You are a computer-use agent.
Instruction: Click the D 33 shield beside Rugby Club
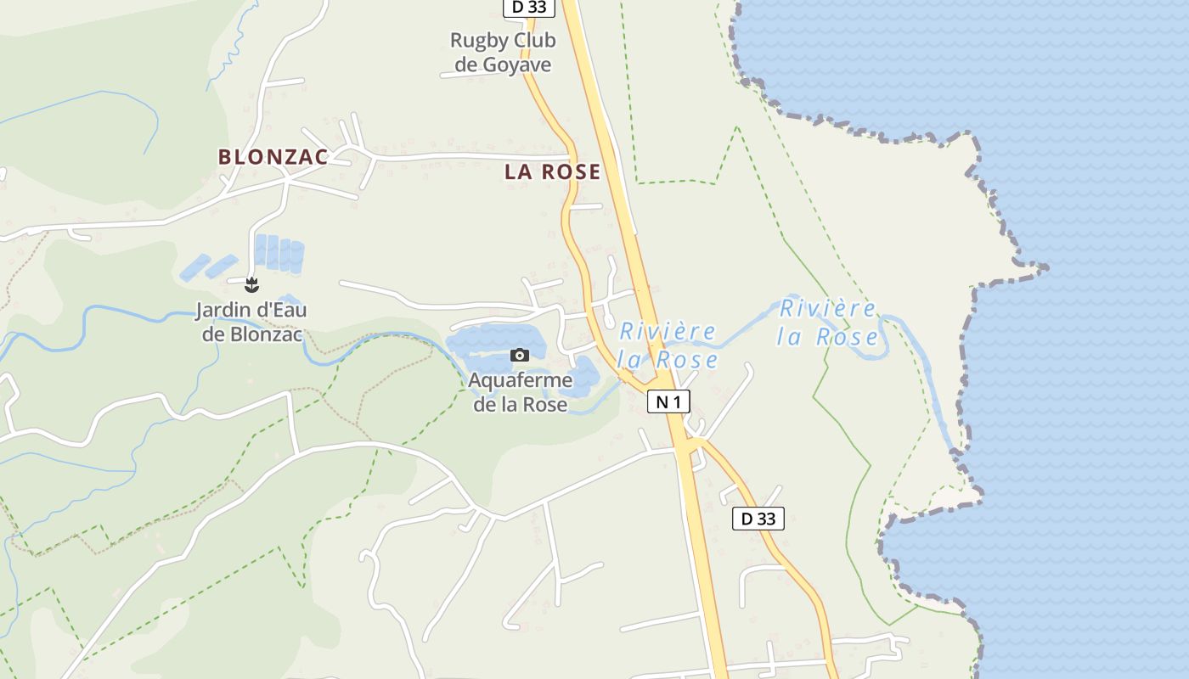tap(529, 8)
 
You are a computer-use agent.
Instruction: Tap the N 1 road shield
tap(669, 401)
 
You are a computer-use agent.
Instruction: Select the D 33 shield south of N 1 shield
tap(758, 519)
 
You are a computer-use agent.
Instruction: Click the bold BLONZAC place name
tap(273, 157)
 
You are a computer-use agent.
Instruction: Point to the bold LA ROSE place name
tap(552, 172)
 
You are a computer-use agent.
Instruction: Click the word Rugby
tap(480, 41)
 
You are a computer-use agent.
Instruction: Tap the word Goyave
tap(516, 65)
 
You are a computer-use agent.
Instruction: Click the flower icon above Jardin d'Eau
tap(251, 284)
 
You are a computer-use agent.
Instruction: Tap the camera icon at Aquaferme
tap(520, 355)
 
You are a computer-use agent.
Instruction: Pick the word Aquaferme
tap(520, 380)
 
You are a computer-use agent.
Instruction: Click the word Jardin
tap(224, 311)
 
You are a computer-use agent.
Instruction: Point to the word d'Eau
tap(281, 311)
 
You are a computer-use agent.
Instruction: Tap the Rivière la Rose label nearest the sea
tap(828, 323)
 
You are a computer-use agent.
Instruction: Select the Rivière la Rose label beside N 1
tap(668, 345)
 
